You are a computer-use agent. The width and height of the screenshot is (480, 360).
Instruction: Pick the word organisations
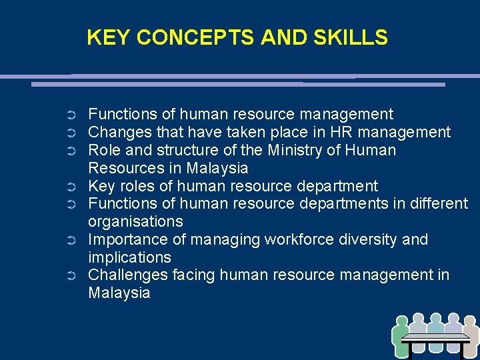click(135, 221)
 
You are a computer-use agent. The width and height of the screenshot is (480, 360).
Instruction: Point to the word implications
click(129, 257)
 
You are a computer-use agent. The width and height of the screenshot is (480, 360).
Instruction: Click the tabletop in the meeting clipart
click(437, 338)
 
